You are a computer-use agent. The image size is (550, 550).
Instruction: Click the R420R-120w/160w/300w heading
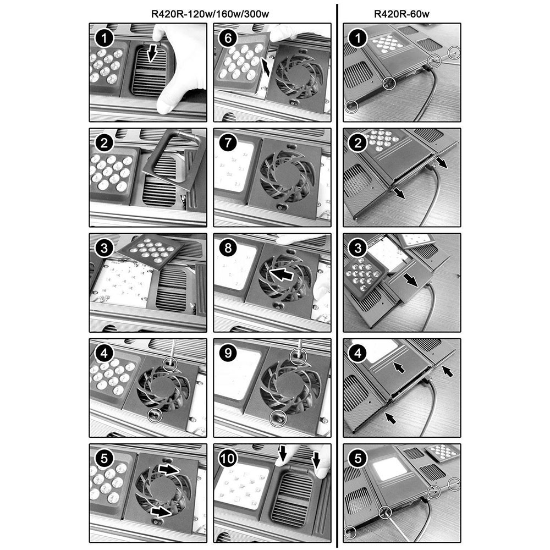pos(210,14)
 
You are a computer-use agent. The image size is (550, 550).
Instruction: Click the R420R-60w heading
pos(402,14)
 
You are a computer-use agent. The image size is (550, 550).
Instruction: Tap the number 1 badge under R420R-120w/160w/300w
pos(104,38)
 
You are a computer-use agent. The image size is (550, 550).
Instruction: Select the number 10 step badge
pos(228,459)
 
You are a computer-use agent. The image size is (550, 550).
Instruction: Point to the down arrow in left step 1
pos(152,53)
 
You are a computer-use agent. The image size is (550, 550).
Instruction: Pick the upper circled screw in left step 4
pos(170,364)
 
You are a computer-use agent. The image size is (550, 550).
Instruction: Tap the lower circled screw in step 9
pos(278,418)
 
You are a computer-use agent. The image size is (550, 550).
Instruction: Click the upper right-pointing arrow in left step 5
pos(169,469)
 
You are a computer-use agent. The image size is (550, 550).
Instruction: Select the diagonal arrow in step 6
pos(266,67)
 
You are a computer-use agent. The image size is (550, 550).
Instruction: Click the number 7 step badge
pos(228,143)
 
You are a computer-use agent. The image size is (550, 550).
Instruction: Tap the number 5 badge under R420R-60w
pos(358,459)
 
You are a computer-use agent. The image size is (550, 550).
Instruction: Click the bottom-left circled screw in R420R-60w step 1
pos(351,106)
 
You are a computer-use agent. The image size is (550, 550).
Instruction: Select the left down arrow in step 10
pos(282,453)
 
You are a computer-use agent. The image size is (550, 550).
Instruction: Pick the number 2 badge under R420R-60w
pos(358,143)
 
